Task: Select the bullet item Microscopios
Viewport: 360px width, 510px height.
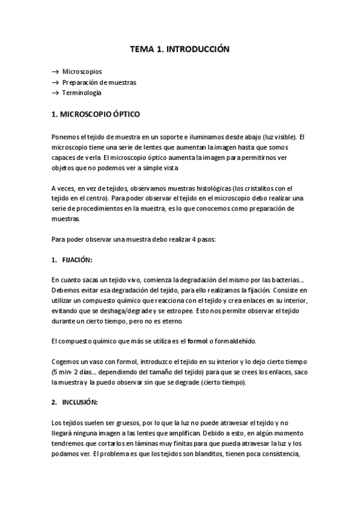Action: [82, 71]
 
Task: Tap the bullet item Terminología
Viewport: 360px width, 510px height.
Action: [82, 93]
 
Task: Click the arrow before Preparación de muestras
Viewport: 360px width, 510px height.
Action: [55, 82]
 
